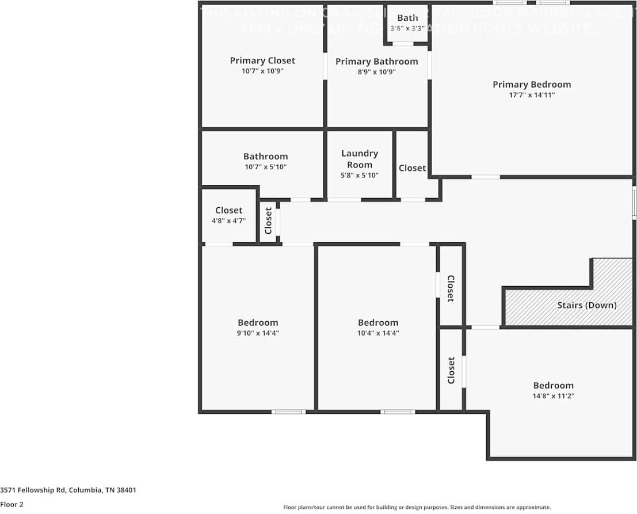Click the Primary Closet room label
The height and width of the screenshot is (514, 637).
[262, 60]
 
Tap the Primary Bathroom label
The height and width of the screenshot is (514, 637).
[376, 62]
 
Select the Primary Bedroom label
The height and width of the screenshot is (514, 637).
[532, 85]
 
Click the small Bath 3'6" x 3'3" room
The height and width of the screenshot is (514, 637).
[407, 23]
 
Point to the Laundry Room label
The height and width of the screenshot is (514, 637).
[360, 159]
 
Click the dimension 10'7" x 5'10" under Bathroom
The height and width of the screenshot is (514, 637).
[265, 167]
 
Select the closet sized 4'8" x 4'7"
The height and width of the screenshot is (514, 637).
[228, 215]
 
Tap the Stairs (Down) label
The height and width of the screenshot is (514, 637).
[586, 305]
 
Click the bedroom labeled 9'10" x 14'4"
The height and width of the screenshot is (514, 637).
[258, 328]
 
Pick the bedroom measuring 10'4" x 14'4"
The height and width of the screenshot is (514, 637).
[377, 328]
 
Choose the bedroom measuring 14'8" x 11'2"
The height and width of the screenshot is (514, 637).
[553, 390]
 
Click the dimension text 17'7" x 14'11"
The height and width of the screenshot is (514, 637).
[532, 96]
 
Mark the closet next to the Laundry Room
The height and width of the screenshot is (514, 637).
[412, 168]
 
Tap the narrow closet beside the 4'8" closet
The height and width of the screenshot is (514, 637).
[268, 221]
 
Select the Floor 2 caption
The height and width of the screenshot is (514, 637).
[12, 504]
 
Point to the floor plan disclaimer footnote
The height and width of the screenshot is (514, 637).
[417, 507]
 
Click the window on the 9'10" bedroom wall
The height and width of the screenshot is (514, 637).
[288, 412]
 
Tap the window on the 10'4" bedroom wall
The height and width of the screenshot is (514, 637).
[397, 412]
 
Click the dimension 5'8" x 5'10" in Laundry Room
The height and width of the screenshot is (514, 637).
[360, 175]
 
